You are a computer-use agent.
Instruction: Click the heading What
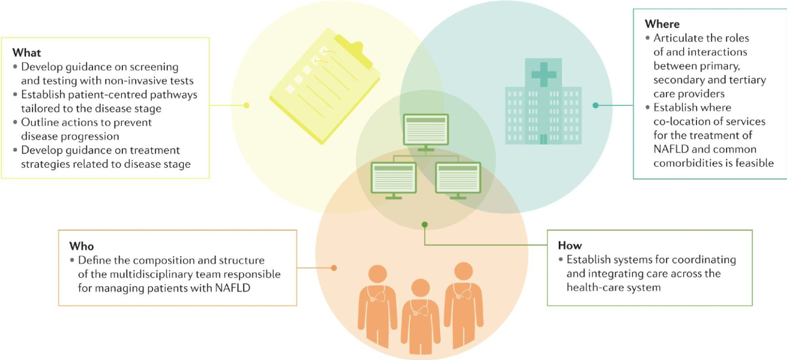27,52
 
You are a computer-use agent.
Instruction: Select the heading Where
662,24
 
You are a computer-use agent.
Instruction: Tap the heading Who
81,246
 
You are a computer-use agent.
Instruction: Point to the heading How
570,245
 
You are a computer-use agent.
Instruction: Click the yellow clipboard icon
324,86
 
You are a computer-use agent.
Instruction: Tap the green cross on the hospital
544,74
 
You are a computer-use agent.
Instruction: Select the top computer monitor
425,130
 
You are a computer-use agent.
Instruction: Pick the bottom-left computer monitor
393,178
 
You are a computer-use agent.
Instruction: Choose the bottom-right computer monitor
457,178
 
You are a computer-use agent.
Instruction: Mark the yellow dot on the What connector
246,105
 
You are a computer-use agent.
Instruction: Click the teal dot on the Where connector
595,105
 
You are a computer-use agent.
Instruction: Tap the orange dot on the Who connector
334,268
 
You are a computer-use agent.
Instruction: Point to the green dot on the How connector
424,224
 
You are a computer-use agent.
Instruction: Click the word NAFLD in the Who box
232,288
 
